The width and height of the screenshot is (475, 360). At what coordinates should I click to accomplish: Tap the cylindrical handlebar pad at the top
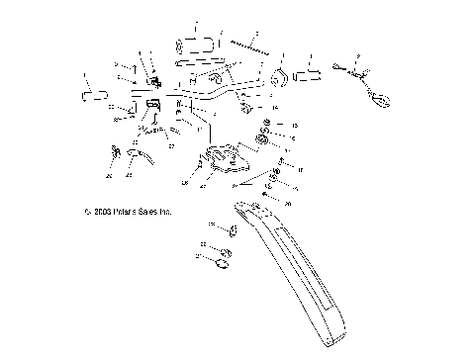point(196,44)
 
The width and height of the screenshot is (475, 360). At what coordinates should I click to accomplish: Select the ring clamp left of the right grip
point(280,77)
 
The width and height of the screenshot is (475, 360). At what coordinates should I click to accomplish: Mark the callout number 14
point(275,106)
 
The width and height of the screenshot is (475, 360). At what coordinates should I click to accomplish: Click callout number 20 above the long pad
point(288,202)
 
